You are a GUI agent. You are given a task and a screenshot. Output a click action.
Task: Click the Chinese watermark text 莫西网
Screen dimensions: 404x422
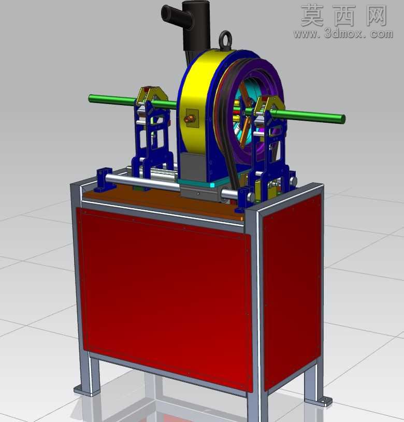(x=344, y=16)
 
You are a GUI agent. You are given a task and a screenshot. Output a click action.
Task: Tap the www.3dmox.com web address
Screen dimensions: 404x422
(x=343, y=34)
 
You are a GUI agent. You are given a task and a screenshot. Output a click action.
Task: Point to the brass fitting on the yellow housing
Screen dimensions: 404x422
(x=190, y=119)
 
